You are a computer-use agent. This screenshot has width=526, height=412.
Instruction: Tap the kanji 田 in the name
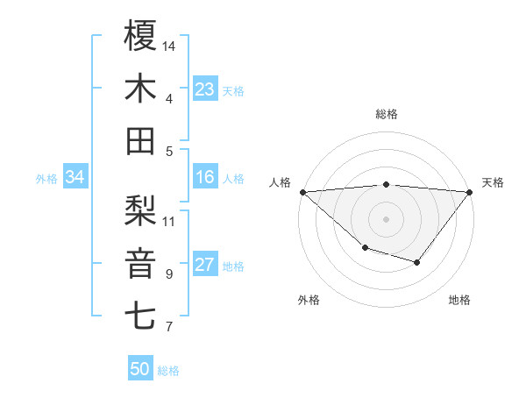coord(140,141)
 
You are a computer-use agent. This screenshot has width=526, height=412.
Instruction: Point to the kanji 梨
coord(140,210)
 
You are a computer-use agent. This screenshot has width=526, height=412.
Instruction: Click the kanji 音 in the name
coord(140,263)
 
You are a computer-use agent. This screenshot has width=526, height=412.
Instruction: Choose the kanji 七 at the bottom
coord(140,316)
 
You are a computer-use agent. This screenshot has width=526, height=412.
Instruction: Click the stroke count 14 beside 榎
coord(169,45)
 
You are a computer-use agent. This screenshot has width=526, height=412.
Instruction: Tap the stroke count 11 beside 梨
coord(169,220)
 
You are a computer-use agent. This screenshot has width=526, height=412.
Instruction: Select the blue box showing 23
coord(205,89)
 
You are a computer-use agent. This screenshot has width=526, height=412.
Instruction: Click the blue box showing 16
coord(205,178)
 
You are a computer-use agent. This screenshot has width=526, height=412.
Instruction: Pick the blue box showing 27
coord(205,266)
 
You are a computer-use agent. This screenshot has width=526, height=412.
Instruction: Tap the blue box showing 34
coord(75,178)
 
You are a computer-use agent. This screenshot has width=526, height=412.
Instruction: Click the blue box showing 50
coord(140,369)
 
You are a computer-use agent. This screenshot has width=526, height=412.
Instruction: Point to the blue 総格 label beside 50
coord(168,371)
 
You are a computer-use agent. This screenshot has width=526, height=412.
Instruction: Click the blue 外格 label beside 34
coord(46,179)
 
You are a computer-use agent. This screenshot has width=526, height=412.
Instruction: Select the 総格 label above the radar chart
coord(387,114)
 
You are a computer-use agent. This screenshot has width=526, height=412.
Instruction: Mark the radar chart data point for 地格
coord(417,262)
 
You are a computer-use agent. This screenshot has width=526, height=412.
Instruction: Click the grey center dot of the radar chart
coord(387,218)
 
